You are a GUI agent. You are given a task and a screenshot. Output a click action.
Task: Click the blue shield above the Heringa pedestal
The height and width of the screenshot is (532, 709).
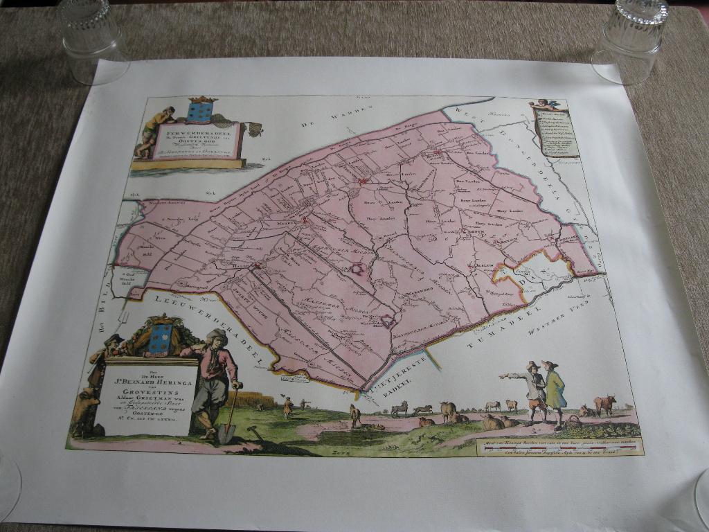pyautogui.click(x=161, y=339)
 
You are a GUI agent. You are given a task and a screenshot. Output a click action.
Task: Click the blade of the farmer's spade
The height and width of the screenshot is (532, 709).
pyautogui.click(x=226, y=433)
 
